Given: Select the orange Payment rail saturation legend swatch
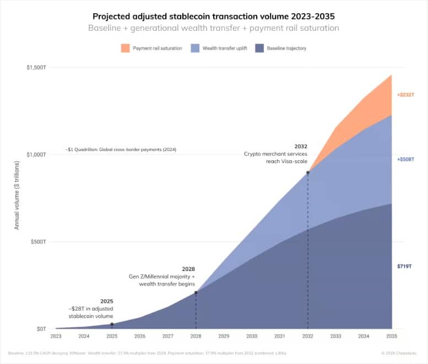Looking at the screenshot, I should click(125, 49).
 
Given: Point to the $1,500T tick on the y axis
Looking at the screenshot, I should click(36, 68).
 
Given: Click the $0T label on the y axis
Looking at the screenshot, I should click(41, 329).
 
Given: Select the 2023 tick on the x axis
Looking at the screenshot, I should click(56, 336).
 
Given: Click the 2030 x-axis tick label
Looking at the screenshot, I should click(252, 336).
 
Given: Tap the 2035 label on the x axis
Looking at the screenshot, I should click(392, 336).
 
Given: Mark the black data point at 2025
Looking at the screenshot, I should click(112, 324).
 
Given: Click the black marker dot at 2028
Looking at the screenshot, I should click(196, 293).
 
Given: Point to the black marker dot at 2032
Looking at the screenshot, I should click(308, 173).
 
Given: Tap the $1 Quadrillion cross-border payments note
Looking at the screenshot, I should click(120, 150).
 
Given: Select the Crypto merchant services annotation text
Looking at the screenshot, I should click(276, 154).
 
